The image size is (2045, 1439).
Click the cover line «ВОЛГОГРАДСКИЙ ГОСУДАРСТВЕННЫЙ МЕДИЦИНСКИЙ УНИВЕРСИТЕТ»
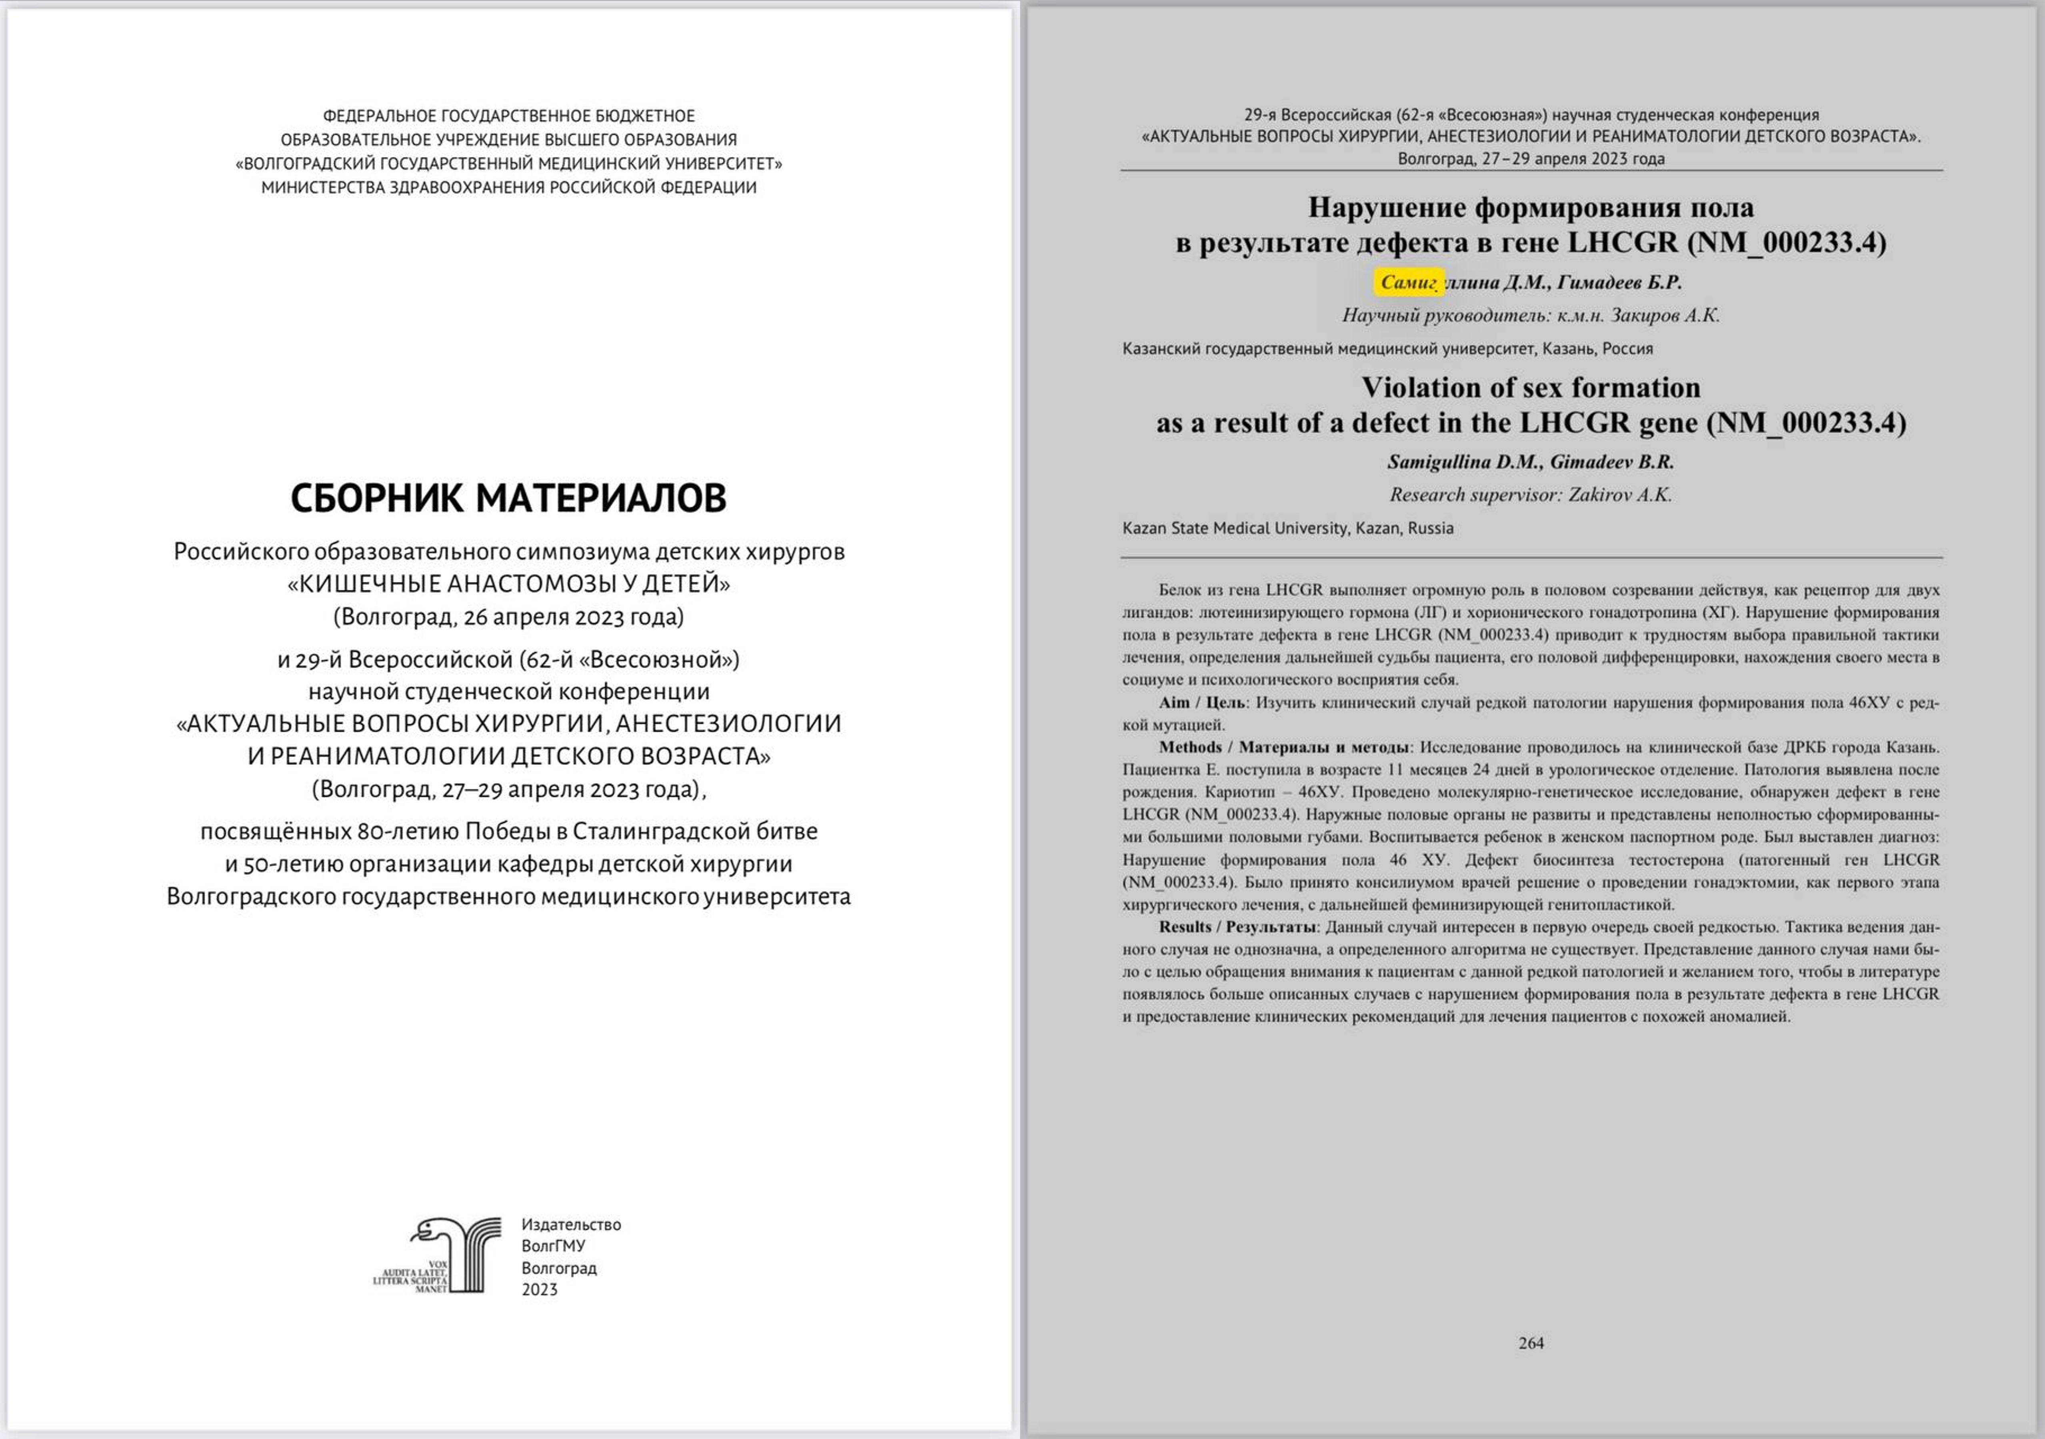(508, 164)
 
